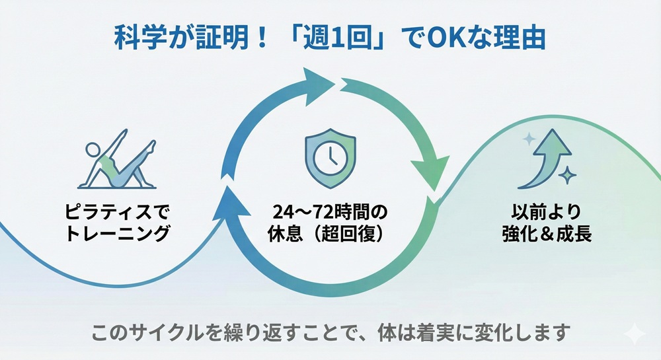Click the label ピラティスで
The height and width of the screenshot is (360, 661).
(118, 213)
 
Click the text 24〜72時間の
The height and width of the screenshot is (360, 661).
(330, 213)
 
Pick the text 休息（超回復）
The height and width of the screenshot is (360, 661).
(330, 234)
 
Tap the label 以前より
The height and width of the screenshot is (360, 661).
(546, 213)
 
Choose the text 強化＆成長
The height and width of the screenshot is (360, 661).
(546, 234)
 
